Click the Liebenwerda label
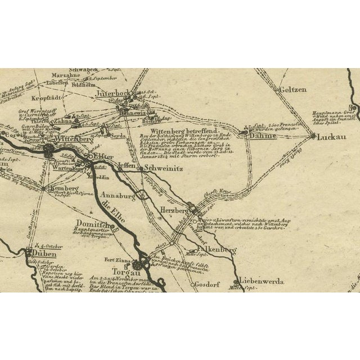262,281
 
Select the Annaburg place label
118,196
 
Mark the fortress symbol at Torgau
140,263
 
